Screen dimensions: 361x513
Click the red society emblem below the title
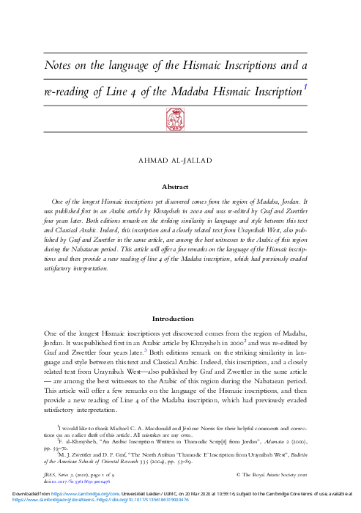pyautogui.click(x=180, y=117)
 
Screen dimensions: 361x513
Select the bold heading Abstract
pyautogui.click(x=180, y=186)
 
